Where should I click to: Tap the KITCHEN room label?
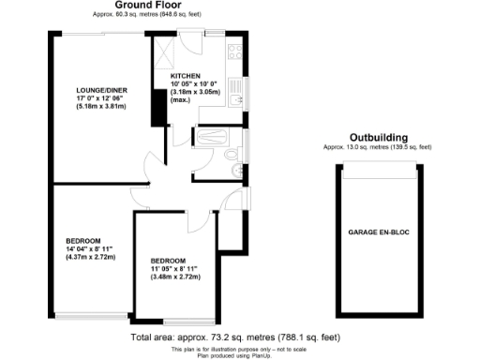click(185, 76)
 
